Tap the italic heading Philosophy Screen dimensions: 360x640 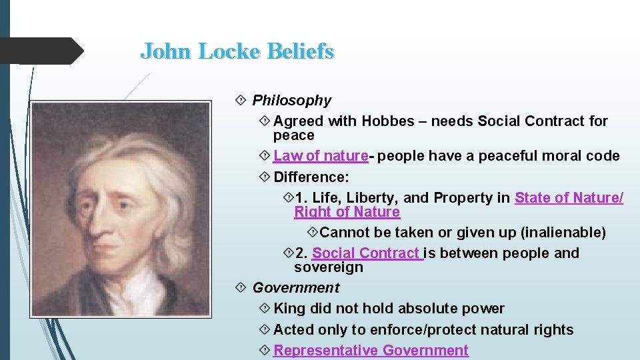pyautogui.click(x=291, y=101)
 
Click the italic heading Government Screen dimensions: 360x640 pyautogui.click(x=295, y=288)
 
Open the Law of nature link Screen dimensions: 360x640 pyautogui.click(x=321, y=156)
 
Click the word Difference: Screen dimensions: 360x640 pyautogui.click(x=311, y=177)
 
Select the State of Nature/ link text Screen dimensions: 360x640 pyautogui.click(x=569, y=198)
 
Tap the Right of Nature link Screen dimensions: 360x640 pyautogui.click(x=347, y=212)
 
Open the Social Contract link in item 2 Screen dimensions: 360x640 pyautogui.click(x=367, y=253)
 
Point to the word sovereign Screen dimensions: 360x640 pyautogui.click(x=329, y=267)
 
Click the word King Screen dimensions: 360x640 pyautogui.click(x=289, y=309)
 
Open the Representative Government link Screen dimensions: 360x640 pyautogui.click(x=371, y=351)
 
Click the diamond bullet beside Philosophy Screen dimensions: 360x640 pyautogui.click(x=241, y=101)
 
